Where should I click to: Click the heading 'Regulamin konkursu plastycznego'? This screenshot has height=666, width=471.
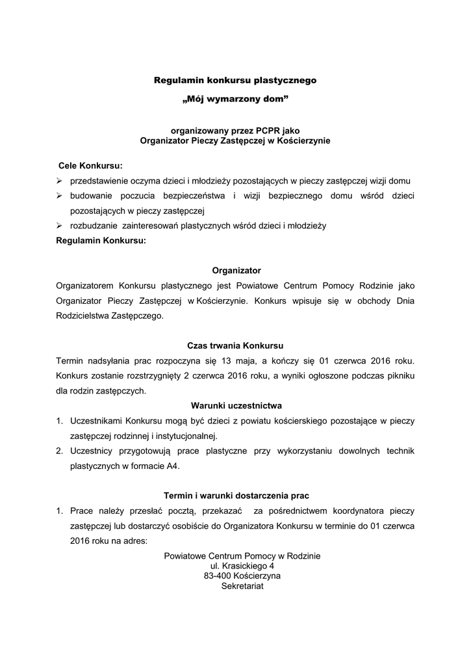click(235, 81)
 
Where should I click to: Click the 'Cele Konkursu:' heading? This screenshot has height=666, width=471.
click(90, 165)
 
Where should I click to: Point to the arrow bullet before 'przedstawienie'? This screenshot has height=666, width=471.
click(59, 180)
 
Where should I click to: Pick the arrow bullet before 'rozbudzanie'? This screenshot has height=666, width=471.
click(59, 226)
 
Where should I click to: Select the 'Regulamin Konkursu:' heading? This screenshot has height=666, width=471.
click(101, 241)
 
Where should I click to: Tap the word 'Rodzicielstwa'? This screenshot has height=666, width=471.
click(86, 316)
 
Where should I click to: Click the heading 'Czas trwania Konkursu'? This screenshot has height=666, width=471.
click(235, 345)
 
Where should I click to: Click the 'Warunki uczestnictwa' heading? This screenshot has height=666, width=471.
click(235, 406)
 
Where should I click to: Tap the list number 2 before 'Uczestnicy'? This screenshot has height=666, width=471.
click(59, 451)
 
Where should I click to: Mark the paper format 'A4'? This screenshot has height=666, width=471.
click(173, 466)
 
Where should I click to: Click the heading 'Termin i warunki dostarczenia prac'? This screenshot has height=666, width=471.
click(235, 496)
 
